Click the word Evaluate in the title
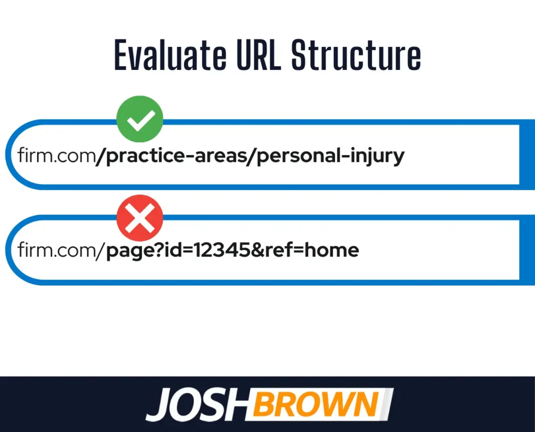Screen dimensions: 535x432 coord(170,55)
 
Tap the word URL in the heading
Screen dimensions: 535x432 coord(259,55)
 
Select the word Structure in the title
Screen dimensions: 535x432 coord(356,55)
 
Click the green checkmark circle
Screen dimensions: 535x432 coord(140,119)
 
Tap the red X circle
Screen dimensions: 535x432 coord(140,218)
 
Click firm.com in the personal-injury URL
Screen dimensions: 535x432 coord(56,155)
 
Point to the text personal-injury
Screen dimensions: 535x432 coord(330,156)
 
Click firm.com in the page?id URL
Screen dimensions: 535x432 coord(56,250)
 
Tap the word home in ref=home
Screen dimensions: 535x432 coord(332,250)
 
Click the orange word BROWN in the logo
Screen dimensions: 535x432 coord(316,404)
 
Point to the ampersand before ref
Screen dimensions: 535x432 coord(257,250)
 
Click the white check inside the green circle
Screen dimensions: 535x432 coord(140,120)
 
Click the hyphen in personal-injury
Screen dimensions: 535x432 coord(345,156)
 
